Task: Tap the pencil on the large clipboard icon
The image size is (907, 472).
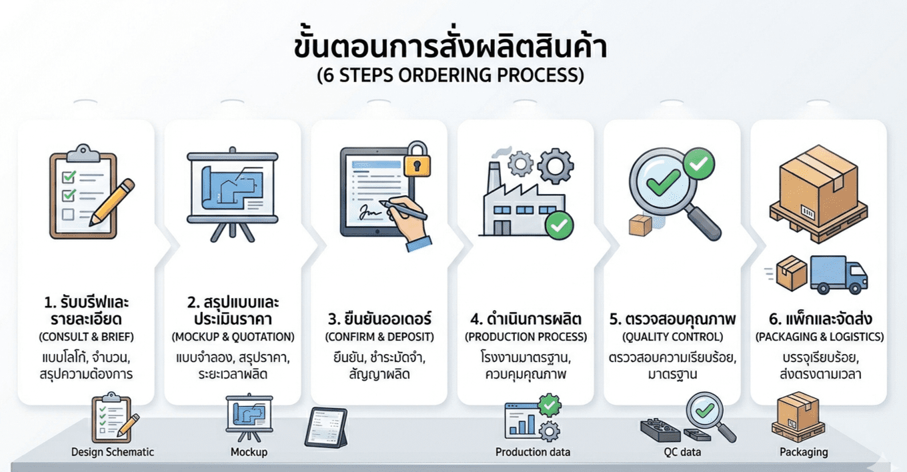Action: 112,202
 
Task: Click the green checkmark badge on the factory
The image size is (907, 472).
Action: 559,225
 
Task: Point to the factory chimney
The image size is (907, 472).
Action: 494,179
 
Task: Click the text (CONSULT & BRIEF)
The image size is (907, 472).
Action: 86,337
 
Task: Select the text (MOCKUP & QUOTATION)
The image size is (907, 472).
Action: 233,337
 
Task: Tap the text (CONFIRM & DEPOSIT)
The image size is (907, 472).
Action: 379,337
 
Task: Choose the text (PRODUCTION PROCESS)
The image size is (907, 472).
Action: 526,337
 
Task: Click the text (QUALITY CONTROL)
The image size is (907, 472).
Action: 672,337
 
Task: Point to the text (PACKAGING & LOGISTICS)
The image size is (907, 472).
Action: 820,337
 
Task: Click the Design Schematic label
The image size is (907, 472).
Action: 113,452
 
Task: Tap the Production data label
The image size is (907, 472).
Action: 533,452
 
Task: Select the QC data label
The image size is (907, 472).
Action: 682,452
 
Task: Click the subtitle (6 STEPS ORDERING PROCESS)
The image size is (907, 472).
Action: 450,75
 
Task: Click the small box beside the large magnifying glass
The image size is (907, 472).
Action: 640,225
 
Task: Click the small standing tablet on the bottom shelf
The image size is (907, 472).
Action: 326,427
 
